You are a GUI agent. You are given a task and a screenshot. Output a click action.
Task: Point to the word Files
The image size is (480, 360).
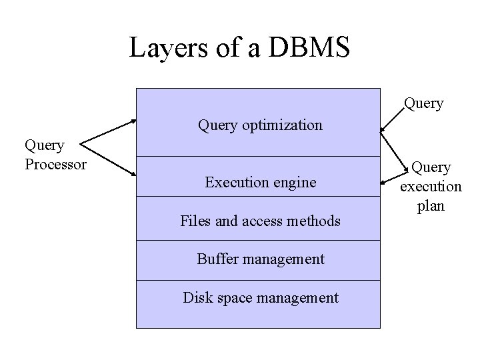point(196,220)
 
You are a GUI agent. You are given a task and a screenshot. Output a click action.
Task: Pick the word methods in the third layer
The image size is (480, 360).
point(314,220)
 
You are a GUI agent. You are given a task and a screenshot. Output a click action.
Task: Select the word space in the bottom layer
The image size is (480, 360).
point(231,297)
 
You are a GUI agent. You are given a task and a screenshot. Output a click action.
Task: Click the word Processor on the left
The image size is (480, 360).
point(55,163)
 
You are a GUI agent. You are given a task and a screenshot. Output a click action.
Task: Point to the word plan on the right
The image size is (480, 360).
point(431,206)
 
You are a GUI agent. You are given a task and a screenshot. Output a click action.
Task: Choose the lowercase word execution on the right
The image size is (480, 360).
point(431,187)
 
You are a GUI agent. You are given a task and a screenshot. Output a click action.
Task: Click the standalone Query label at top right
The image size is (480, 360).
point(423,103)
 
